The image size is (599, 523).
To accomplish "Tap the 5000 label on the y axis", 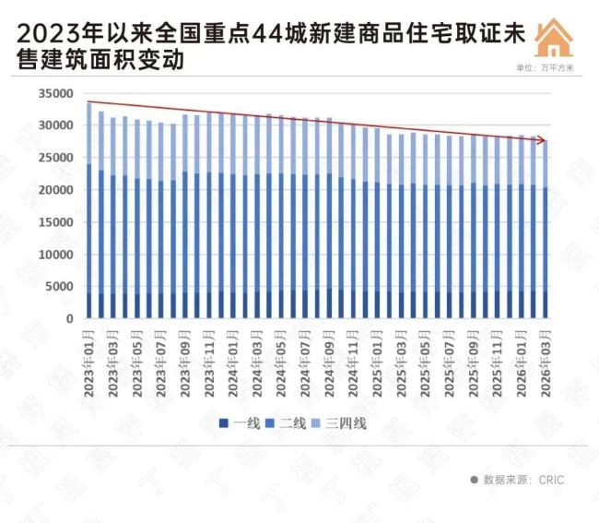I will [60, 286].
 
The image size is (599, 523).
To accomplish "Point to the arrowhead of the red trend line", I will [545, 141].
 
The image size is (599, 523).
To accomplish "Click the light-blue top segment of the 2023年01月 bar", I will [88, 134].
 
